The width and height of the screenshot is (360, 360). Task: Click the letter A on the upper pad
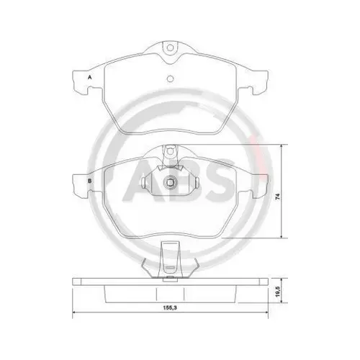(90, 76)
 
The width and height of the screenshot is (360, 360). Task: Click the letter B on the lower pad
(90, 181)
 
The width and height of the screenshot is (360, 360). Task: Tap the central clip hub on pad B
(171, 184)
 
